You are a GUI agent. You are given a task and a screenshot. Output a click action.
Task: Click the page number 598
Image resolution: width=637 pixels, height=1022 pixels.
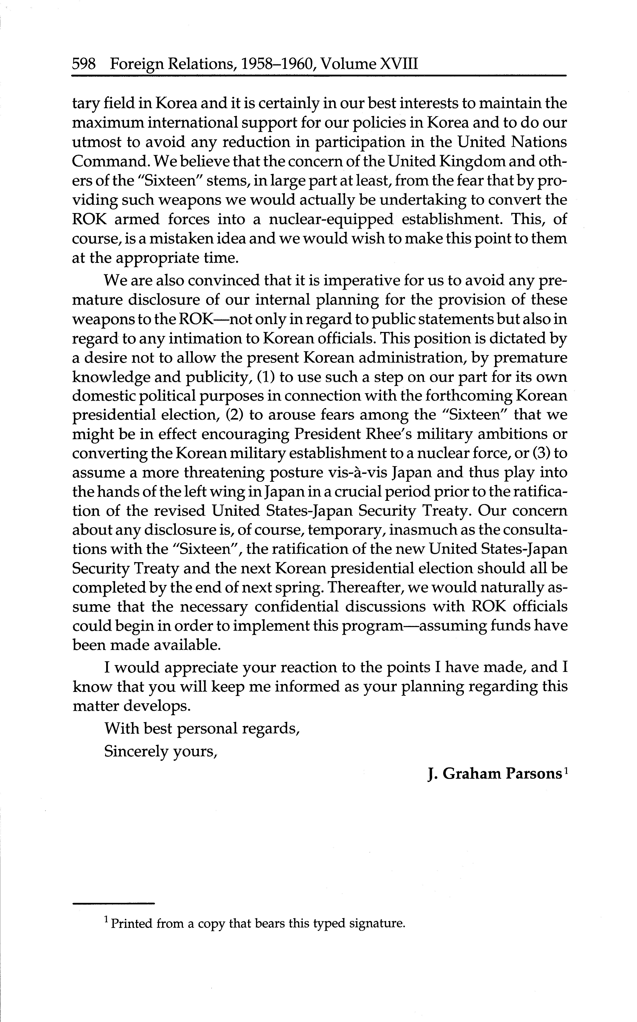tap(84, 64)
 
